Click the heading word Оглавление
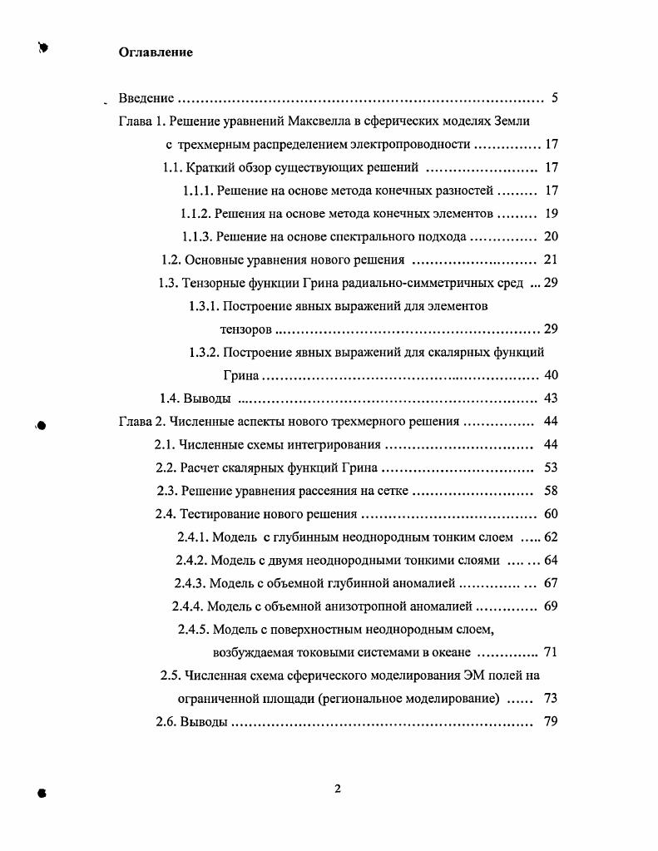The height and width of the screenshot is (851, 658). tap(156, 52)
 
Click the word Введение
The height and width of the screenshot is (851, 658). tap(146, 99)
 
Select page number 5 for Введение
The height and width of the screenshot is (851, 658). tap(554, 99)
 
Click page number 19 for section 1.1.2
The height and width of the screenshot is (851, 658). tap(551, 213)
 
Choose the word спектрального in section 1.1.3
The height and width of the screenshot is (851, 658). tap(372, 236)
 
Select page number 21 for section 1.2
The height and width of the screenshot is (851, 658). tap(550, 260)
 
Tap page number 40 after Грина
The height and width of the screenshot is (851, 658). tap(550, 375)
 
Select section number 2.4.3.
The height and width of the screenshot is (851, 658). tap(189, 582)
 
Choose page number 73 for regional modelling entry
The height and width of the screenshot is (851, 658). tap(550, 698)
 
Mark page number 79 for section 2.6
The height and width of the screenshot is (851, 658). tap(550, 721)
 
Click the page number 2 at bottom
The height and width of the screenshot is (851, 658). tap(338, 789)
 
